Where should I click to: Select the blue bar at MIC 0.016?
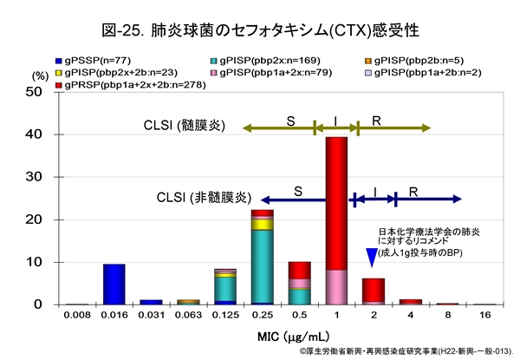pyautogui.click(x=114, y=284)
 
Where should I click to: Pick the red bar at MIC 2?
pyautogui.click(x=374, y=290)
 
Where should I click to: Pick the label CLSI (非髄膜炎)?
pyautogui.click(x=205, y=199)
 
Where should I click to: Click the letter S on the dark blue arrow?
pyautogui.click(x=297, y=189)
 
